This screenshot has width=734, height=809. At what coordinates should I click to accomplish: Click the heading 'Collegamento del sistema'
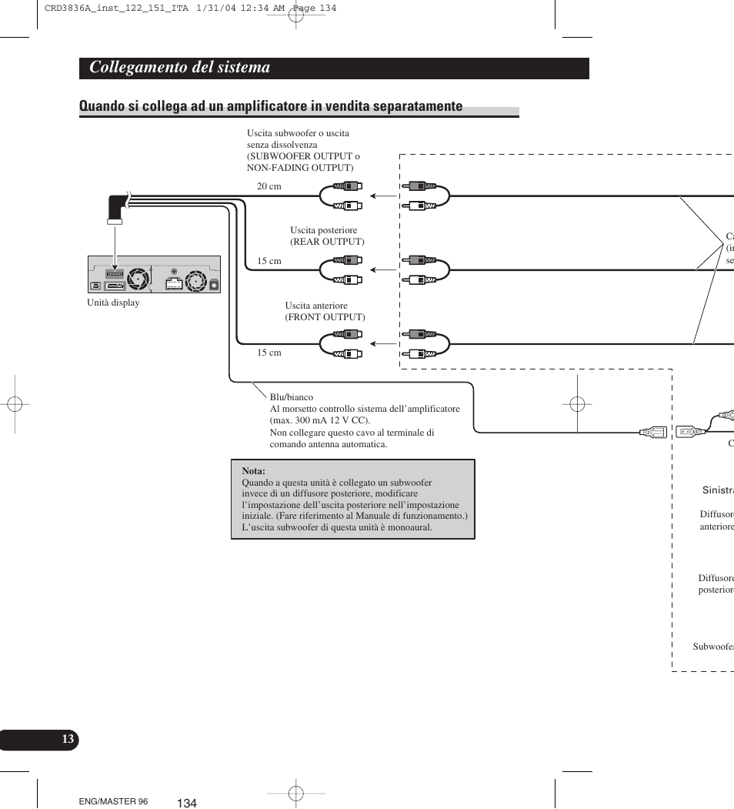(180, 68)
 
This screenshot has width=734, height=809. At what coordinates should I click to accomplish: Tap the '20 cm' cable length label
(269, 186)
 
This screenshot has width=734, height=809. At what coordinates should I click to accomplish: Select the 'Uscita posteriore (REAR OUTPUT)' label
(327, 236)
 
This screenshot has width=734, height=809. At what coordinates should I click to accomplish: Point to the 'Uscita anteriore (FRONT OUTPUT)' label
(325, 312)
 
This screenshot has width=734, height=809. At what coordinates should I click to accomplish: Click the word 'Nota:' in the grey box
(253, 471)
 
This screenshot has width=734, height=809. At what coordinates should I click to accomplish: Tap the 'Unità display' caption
(113, 303)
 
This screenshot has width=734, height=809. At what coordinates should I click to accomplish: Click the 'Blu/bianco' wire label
(291, 397)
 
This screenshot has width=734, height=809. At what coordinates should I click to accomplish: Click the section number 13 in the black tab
(68, 740)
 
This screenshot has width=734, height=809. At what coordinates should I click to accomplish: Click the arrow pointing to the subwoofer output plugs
(382, 196)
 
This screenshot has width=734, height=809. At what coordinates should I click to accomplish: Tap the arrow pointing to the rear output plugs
(382, 269)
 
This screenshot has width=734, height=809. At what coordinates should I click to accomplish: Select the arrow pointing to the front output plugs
(382, 343)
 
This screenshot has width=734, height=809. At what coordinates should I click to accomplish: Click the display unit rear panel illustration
(154, 275)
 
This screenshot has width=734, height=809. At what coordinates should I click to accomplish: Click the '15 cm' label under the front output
(269, 353)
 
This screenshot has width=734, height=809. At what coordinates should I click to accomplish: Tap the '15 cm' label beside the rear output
(269, 261)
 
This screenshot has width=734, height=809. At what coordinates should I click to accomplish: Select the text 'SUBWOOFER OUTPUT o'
(303, 156)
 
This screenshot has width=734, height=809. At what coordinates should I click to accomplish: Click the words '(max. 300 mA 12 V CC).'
(319, 420)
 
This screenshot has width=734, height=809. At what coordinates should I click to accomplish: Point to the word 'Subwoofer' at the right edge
(713, 647)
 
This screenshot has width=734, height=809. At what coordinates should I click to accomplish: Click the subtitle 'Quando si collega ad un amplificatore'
(270, 106)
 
